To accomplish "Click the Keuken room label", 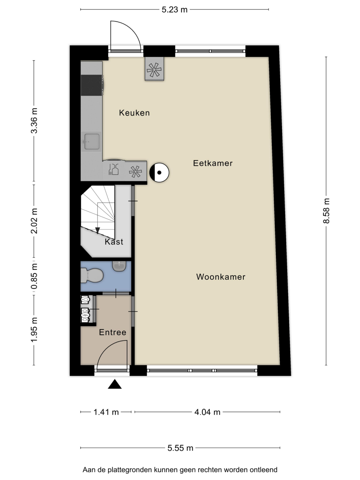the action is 134,113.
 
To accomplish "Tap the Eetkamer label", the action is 213,163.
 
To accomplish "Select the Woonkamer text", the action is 221,277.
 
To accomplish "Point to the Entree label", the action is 112,332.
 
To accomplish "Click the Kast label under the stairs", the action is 114,241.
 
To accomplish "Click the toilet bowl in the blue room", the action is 92,275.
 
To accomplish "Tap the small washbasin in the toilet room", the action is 119,266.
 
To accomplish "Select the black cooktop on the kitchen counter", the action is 92,85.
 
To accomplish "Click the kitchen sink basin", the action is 92,141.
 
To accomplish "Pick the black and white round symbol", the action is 159,172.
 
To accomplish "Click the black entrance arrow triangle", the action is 115,384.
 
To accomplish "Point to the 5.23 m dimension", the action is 174,10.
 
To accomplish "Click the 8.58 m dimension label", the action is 326,211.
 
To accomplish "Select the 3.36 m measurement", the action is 34,120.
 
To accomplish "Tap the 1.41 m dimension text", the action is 106,412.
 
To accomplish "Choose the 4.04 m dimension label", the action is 207,412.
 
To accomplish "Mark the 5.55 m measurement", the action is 180,448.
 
